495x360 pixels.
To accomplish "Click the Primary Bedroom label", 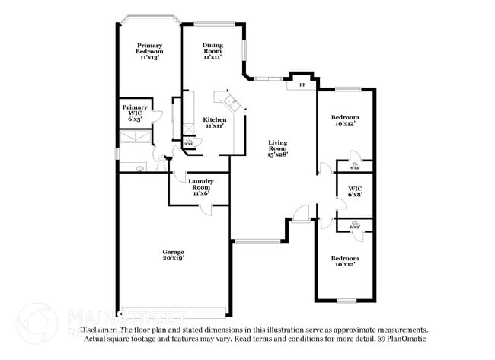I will click(149, 51).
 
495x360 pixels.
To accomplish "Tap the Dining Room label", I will click(212, 51).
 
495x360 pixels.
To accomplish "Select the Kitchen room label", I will click(214, 123).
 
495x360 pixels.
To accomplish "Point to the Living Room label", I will click(277, 148).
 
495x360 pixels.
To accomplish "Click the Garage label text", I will click(173, 255).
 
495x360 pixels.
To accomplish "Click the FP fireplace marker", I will click(302, 84).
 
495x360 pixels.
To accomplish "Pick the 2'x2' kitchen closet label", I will click(189, 142).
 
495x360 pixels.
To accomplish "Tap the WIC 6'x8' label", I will click(355, 191).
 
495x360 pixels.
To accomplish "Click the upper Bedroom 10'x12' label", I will click(345, 120).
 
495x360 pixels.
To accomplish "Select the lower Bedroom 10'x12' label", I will click(345, 262).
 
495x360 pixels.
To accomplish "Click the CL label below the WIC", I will click(355, 225).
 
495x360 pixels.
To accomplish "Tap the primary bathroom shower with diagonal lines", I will click(136, 137).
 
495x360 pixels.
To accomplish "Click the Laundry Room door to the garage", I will click(197, 209).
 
